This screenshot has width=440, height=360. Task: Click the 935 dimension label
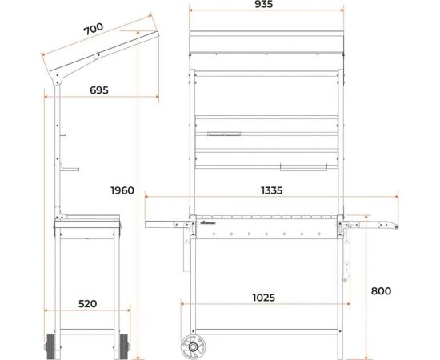[263, 4]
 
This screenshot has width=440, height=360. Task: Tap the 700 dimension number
[94, 29]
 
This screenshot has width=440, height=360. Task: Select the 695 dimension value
[98, 90]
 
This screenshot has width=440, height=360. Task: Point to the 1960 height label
[122, 190]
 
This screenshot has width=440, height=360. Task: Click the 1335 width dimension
[271, 190]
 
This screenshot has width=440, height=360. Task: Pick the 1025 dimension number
[263, 298]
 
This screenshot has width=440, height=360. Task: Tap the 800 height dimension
[381, 291]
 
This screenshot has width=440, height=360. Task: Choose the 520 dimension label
[87, 304]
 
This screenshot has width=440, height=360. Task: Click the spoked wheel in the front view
[193, 347]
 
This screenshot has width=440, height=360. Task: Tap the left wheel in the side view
[50, 347]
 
